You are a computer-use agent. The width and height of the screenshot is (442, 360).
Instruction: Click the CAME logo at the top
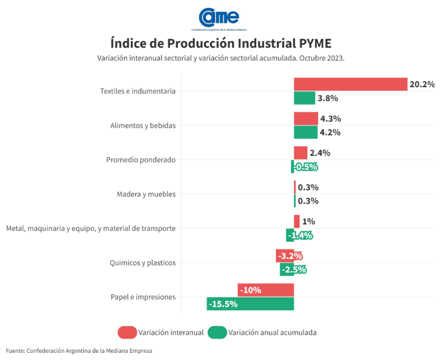click(x=219, y=18)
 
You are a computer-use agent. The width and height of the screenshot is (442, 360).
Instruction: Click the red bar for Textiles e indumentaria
click(x=350, y=84)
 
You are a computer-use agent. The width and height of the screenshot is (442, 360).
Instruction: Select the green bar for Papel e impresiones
click(x=250, y=304)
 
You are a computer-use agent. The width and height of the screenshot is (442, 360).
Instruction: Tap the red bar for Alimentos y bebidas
click(x=306, y=118)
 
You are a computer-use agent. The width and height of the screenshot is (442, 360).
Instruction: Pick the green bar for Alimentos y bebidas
click(x=305, y=132)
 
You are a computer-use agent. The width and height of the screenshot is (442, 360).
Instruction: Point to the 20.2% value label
click(x=422, y=85)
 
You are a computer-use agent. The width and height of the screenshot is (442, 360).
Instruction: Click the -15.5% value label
click(x=223, y=304)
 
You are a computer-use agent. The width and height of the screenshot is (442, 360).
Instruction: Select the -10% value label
click(x=251, y=290)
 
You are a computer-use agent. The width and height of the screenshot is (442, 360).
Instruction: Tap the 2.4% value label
click(x=320, y=153)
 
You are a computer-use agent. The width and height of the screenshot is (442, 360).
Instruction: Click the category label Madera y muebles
click(x=146, y=194)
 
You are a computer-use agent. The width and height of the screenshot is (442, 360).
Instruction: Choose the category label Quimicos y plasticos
click(x=143, y=263)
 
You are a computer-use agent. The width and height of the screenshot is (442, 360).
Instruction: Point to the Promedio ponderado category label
click(x=140, y=160)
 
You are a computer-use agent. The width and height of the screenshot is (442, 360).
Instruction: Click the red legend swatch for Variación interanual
click(x=127, y=332)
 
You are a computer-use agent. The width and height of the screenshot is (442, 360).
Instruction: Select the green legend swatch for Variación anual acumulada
click(x=217, y=332)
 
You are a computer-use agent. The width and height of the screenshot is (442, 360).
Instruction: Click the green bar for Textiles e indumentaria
click(x=304, y=98)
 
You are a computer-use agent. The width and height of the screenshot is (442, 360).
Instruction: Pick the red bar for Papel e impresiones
click(x=266, y=290)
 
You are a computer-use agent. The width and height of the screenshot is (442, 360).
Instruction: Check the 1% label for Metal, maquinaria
click(x=308, y=222)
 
